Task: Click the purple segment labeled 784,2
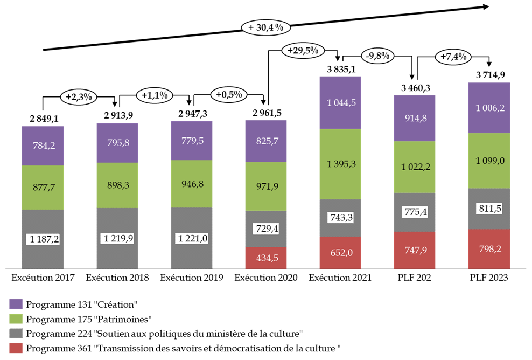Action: click(x=43, y=146)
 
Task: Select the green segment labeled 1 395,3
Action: click(x=340, y=164)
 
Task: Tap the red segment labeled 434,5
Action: click(x=266, y=258)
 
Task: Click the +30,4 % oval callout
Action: click(x=265, y=28)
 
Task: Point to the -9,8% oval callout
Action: click(x=377, y=56)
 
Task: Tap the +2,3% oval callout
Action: click(x=79, y=97)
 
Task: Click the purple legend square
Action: click(x=16, y=304)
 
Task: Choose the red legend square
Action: click(x=16, y=348)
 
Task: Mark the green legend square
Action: click(x=16, y=319)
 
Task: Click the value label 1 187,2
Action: click(x=43, y=239)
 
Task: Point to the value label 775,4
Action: click(x=415, y=211)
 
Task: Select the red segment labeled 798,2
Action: click(x=489, y=249)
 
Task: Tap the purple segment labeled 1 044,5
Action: click(x=340, y=102)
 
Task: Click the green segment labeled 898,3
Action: click(x=117, y=185)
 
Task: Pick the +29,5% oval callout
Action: click(x=303, y=51)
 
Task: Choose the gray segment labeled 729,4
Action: click(x=266, y=229)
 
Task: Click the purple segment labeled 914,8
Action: click(x=415, y=118)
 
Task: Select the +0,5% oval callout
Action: click(x=228, y=94)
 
